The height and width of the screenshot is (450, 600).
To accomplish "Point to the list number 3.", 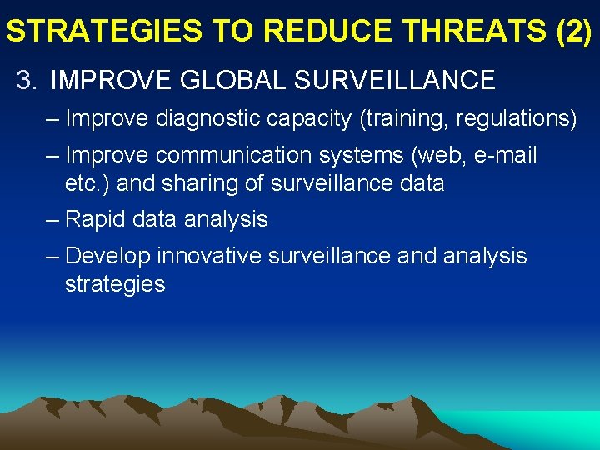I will point(27,80).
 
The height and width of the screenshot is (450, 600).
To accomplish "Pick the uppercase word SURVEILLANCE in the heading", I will point(394,80).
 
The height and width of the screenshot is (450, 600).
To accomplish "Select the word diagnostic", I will point(210,119).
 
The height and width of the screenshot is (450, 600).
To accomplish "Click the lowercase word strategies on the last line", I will point(115,284).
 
